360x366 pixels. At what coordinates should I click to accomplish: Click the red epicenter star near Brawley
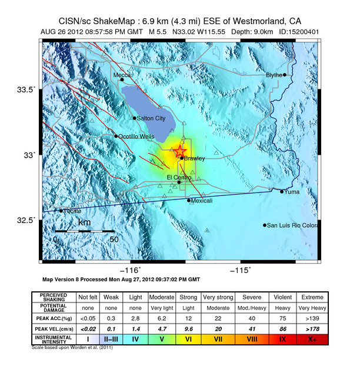click(x=180, y=151)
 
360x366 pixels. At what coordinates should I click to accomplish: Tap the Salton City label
click(x=151, y=118)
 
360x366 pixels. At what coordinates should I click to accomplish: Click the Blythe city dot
click(x=284, y=75)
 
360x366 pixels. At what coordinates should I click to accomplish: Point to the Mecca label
click(x=122, y=75)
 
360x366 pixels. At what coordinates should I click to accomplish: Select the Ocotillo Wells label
click(x=136, y=137)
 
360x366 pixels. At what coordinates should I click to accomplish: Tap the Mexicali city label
click(x=202, y=201)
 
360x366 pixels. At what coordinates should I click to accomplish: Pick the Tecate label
click(x=72, y=211)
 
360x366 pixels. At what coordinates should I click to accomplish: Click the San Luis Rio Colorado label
click(x=292, y=225)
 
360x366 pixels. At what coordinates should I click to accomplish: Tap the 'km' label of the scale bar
click(x=84, y=223)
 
